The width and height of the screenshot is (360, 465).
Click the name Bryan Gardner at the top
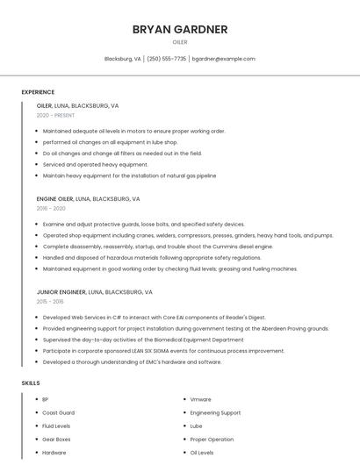180,29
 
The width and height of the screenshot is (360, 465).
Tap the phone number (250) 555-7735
167,59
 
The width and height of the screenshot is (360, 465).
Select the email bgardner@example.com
223,59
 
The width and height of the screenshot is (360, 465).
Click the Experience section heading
38,92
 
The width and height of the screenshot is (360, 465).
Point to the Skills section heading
31,383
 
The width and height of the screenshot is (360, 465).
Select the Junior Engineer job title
61,291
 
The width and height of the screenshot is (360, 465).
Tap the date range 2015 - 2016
51,301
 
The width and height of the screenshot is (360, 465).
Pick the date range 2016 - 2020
51,209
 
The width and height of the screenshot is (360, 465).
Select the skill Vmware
200,399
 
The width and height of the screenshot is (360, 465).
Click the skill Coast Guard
58,412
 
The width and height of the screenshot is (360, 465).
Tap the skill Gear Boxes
56,439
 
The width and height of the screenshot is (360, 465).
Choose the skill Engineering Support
215,412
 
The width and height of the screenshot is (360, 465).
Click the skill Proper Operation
212,439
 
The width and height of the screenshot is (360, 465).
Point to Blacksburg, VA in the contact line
123,59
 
